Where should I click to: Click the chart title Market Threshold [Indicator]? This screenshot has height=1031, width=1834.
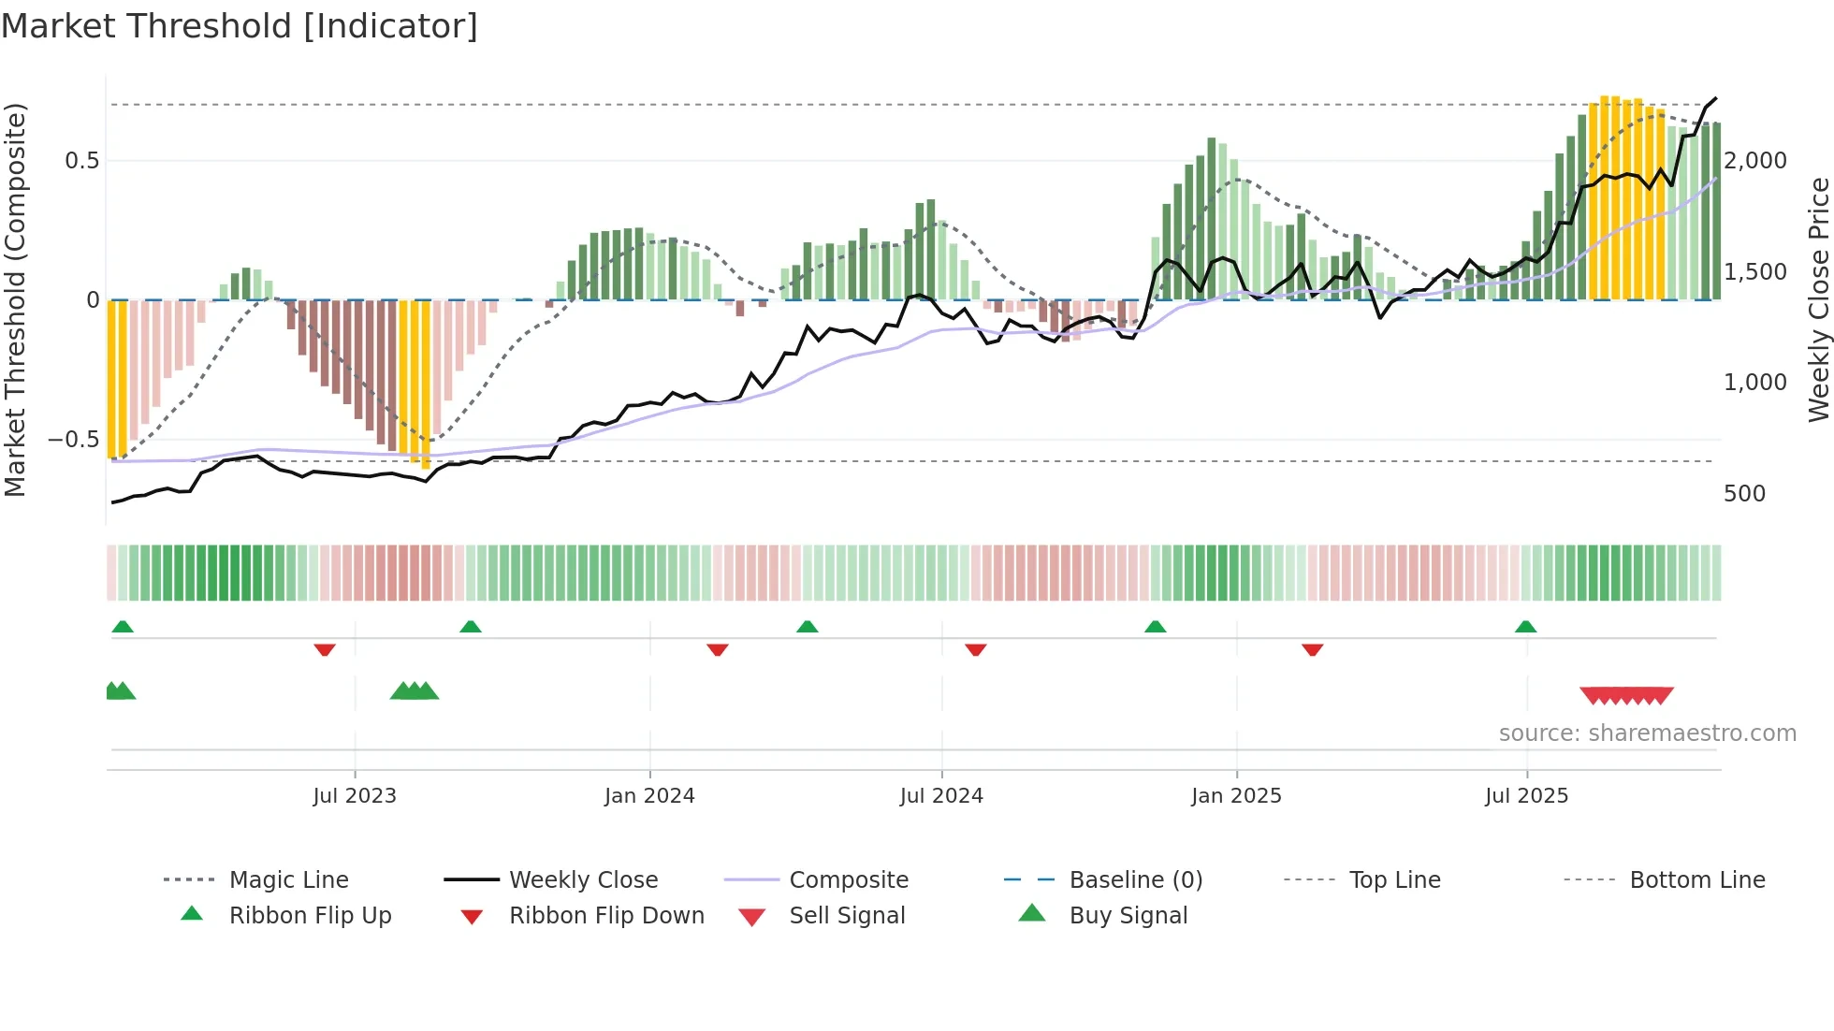coord(240,26)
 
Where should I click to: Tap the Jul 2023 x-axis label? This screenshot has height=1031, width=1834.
coord(355,796)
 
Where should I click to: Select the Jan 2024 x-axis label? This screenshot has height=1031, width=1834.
coord(649,796)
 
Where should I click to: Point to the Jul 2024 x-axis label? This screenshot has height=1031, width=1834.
coord(941,796)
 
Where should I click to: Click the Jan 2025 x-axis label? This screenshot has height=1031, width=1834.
coord(1236,796)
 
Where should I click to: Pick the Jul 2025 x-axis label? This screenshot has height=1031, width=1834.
coord(1526,796)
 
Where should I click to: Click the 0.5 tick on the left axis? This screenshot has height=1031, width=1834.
coord(82,161)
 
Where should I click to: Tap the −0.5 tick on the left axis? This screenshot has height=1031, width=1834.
coord(74,440)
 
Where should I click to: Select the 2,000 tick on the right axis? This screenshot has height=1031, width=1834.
coord(1755,161)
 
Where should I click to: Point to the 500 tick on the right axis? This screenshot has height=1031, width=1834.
coord(1744,494)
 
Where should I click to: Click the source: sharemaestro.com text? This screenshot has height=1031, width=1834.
coord(1647,733)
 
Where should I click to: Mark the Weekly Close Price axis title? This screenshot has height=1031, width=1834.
coord(1818,299)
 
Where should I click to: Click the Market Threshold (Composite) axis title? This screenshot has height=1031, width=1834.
coord(15,299)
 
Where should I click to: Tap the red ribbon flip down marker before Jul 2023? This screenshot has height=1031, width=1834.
coord(325,649)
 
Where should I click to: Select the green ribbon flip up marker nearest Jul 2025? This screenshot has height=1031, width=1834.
coord(1525,627)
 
